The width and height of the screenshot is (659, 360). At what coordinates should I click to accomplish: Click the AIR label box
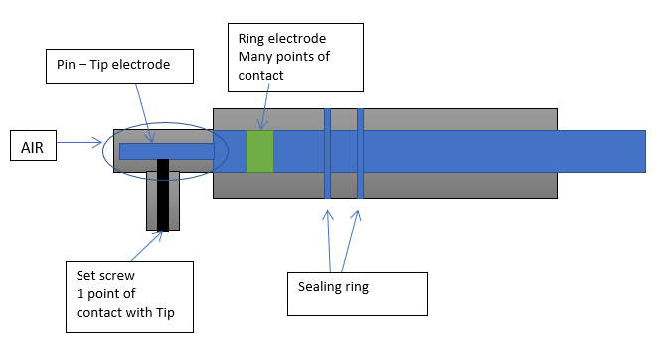click(33, 145)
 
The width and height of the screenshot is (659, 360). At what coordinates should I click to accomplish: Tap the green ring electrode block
click(259, 151)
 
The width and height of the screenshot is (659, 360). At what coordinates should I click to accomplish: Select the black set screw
click(163, 195)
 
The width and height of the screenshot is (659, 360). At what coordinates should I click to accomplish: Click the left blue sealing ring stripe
click(327, 153)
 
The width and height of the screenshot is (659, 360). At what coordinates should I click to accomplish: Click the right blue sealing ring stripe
click(360, 153)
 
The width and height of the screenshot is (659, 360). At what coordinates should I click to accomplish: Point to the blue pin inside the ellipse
click(167, 151)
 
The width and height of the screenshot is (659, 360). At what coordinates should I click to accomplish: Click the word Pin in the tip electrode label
click(66, 65)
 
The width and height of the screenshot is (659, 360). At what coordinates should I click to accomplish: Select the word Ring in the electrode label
click(251, 39)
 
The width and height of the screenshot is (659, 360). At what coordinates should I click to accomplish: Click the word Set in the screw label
click(84, 275)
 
